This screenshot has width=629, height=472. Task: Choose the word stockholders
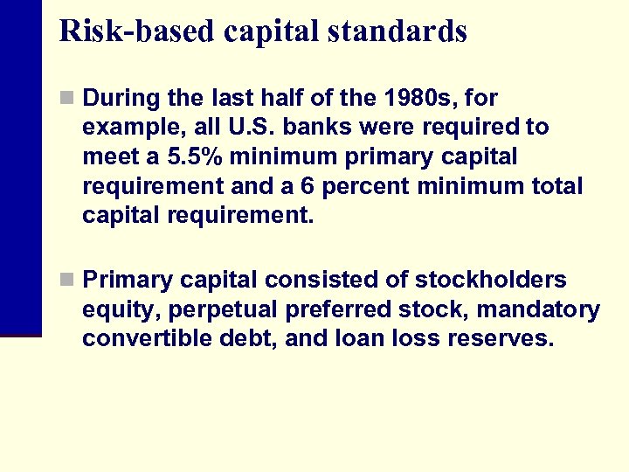pos(490,280)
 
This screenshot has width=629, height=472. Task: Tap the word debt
pos(239,339)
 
